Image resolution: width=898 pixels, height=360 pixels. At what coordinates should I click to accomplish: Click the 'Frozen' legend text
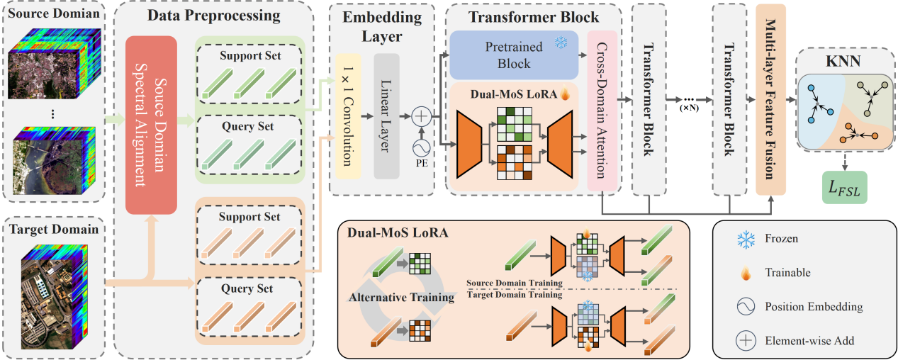(781, 239)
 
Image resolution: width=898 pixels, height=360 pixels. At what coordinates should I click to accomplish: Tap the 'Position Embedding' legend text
(814, 307)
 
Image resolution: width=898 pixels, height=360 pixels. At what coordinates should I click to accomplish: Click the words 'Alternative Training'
(401, 298)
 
